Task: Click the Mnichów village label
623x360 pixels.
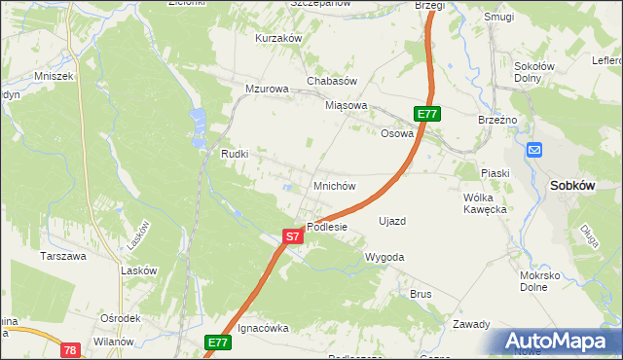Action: (x=333, y=186)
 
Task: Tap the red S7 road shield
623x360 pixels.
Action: (x=292, y=235)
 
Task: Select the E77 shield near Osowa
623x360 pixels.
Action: (x=427, y=114)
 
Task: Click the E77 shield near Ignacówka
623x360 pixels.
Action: (x=217, y=342)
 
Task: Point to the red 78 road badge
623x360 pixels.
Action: (x=69, y=348)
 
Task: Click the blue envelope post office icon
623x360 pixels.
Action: (x=534, y=150)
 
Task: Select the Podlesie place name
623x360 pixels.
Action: (x=327, y=227)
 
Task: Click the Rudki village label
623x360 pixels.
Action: (x=236, y=155)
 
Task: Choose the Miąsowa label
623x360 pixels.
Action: (x=347, y=106)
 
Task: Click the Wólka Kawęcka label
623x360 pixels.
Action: (x=484, y=202)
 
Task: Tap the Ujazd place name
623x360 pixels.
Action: (x=391, y=221)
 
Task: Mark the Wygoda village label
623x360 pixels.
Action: (x=384, y=257)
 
